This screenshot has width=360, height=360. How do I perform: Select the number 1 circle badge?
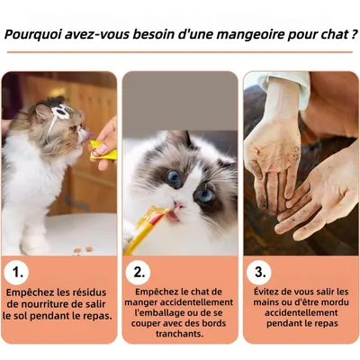(19, 270)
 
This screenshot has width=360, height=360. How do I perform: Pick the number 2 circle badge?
(139, 270)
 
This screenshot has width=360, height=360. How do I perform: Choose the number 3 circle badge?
(260, 270)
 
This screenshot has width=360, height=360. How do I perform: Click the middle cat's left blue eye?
(173, 178)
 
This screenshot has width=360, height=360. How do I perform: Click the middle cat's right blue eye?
(206, 193)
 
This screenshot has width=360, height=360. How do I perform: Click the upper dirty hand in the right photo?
(274, 153)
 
